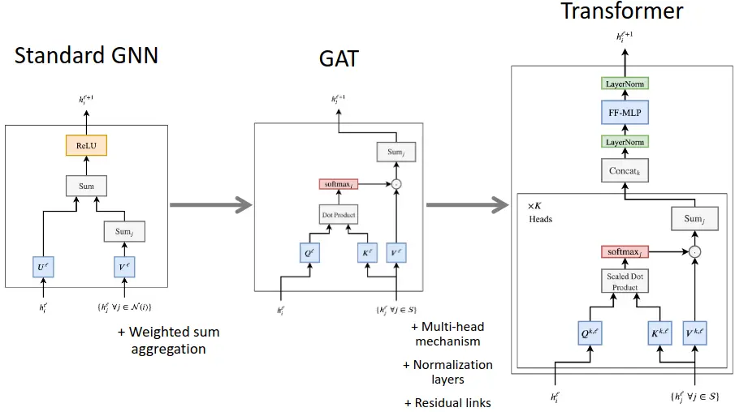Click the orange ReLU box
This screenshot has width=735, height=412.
pyautogui.click(x=86, y=146)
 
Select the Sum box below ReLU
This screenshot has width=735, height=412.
pyautogui.click(x=86, y=186)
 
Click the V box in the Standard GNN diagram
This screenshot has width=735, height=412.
pyautogui.click(x=124, y=264)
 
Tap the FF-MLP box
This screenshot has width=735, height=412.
pyautogui.click(x=625, y=114)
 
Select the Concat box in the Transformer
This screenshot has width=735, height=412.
pyautogui.click(x=625, y=171)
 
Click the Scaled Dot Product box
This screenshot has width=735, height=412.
pyautogui.click(x=624, y=282)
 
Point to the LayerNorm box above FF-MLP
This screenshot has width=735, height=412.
pyautogui.click(x=625, y=84)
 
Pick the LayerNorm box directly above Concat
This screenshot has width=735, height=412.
pyautogui.click(x=625, y=143)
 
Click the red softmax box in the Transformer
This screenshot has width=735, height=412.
pyautogui.click(x=625, y=252)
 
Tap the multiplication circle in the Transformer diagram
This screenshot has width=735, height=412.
pyautogui.click(x=694, y=252)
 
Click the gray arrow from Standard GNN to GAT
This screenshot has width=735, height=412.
pyautogui.click(x=207, y=204)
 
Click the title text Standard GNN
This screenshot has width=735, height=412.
pyautogui.click(x=86, y=56)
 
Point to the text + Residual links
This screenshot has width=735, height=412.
pyautogui.click(x=447, y=403)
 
